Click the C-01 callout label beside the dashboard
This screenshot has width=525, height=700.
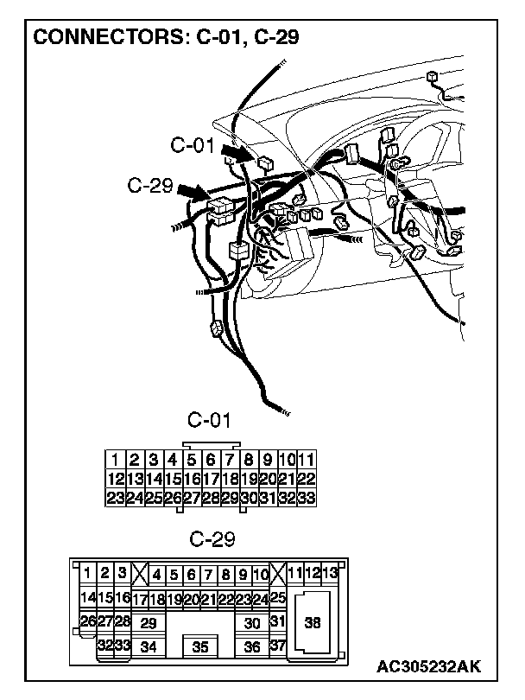[x=192, y=146]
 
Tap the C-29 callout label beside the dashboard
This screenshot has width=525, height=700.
[x=149, y=185]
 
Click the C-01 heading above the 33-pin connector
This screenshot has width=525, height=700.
[x=210, y=421]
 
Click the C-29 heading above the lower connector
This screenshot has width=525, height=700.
[x=212, y=540]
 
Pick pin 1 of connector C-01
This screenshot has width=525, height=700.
[x=114, y=461]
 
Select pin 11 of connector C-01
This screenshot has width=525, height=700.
[x=307, y=461]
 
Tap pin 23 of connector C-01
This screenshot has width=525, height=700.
[x=114, y=498]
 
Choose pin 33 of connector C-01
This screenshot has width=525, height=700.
[x=307, y=498]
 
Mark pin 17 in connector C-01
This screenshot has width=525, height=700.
[x=210, y=479]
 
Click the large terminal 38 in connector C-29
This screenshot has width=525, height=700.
[x=313, y=622]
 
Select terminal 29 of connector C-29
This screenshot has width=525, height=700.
[x=148, y=622]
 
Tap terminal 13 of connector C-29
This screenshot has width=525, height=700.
[x=329, y=572]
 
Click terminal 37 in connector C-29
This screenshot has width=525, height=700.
[x=277, y=646]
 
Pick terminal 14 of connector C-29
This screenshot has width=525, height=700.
[x=87, y=597]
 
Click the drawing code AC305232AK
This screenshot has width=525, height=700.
[x=428, y=667]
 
